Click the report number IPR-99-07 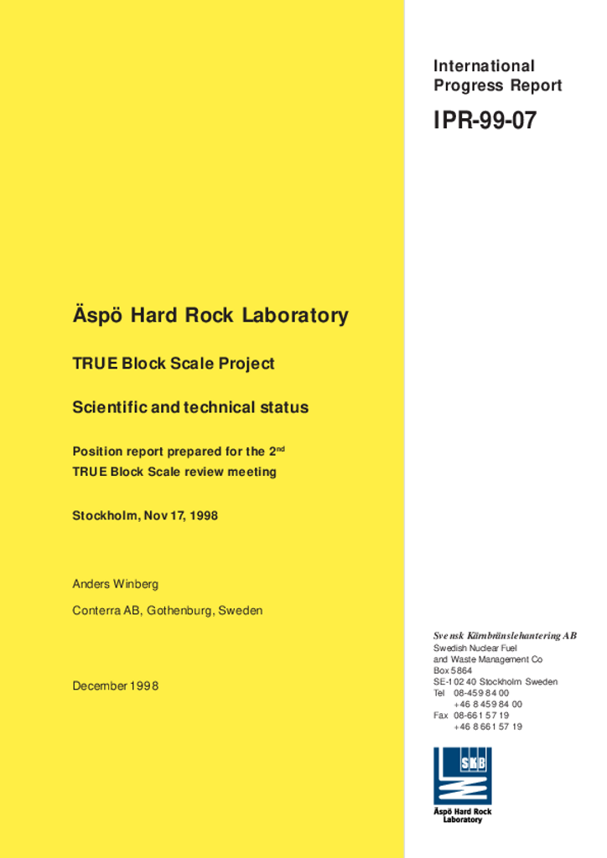tap(485, 121)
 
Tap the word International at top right tap(484, 65)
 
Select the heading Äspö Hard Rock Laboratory tap(210, 316)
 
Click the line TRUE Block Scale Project tap(174, 364)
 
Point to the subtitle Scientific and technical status tap(190, 407)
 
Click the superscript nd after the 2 tap(281, 448)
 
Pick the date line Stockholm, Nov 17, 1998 tap(145, 516)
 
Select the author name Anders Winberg tap(115, 584)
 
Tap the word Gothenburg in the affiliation tap(180, 611)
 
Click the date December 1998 tap(115, 686)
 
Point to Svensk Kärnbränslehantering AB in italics tap(505, 636)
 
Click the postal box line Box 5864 tap(453, 670)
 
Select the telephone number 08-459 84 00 tap(481, 693)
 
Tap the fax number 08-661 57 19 tap(481, 716)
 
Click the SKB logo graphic tap(462, 776)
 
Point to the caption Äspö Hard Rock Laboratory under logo tap(462, 815)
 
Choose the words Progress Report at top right tap(498, 85)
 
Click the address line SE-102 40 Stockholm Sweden tap(495, 682)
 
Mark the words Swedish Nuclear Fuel tap(475, 649)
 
